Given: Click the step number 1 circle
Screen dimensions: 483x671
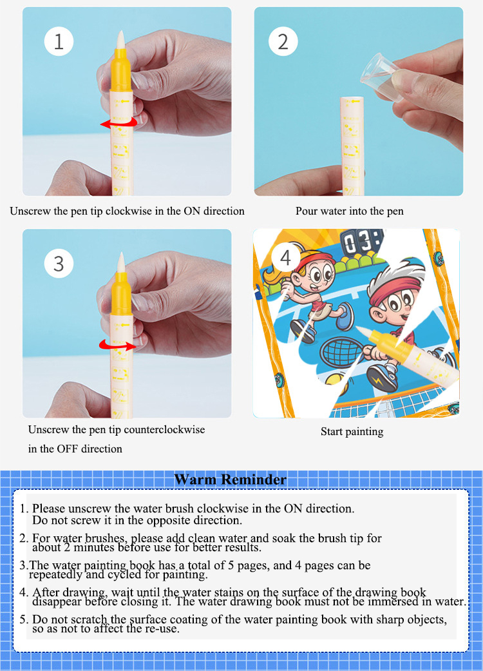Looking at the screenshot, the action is point(59,41).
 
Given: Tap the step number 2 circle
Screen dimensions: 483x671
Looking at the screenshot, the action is point(283,41).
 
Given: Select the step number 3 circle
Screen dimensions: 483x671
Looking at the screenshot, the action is point(59,264).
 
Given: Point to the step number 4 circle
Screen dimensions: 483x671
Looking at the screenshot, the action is point(285,258).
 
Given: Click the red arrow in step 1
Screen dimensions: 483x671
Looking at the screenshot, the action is point(119,123).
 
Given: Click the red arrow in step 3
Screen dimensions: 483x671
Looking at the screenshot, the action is point(118,345).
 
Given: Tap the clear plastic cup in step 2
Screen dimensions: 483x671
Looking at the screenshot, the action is point(383,76).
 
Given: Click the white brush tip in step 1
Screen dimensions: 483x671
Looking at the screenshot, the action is point(121,40).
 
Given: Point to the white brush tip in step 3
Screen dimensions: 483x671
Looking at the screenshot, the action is point(121,262).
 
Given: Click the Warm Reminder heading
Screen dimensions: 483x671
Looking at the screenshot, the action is point(231,480).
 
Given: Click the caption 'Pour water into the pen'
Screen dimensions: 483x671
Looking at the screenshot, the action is point(350,211).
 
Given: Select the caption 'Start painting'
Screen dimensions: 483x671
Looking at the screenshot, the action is point(352,432).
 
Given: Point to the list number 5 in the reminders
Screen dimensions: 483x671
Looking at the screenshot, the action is point(24,619).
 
